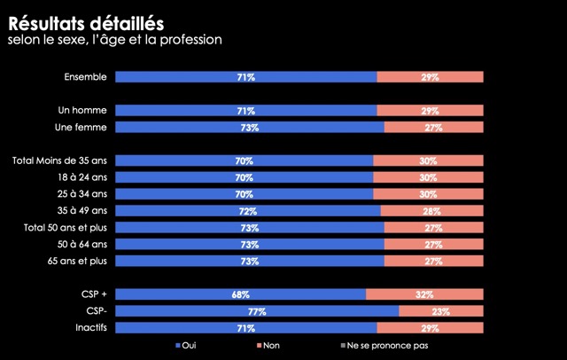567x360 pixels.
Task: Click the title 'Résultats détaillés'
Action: [x=85, y=21]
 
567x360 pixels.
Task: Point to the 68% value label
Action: [x=240, y=294]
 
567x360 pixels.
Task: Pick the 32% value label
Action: [x=424, y=294]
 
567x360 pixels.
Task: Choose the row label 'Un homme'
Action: [x=82, y=111]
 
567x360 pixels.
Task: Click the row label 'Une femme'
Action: [x=81, y=128]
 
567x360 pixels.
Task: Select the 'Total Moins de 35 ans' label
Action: [x=59, y=160]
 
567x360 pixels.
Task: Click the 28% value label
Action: [x=431, y=211]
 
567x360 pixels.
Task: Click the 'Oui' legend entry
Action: [x=186, y=345]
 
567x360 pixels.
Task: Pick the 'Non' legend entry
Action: [x=268, y=345]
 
